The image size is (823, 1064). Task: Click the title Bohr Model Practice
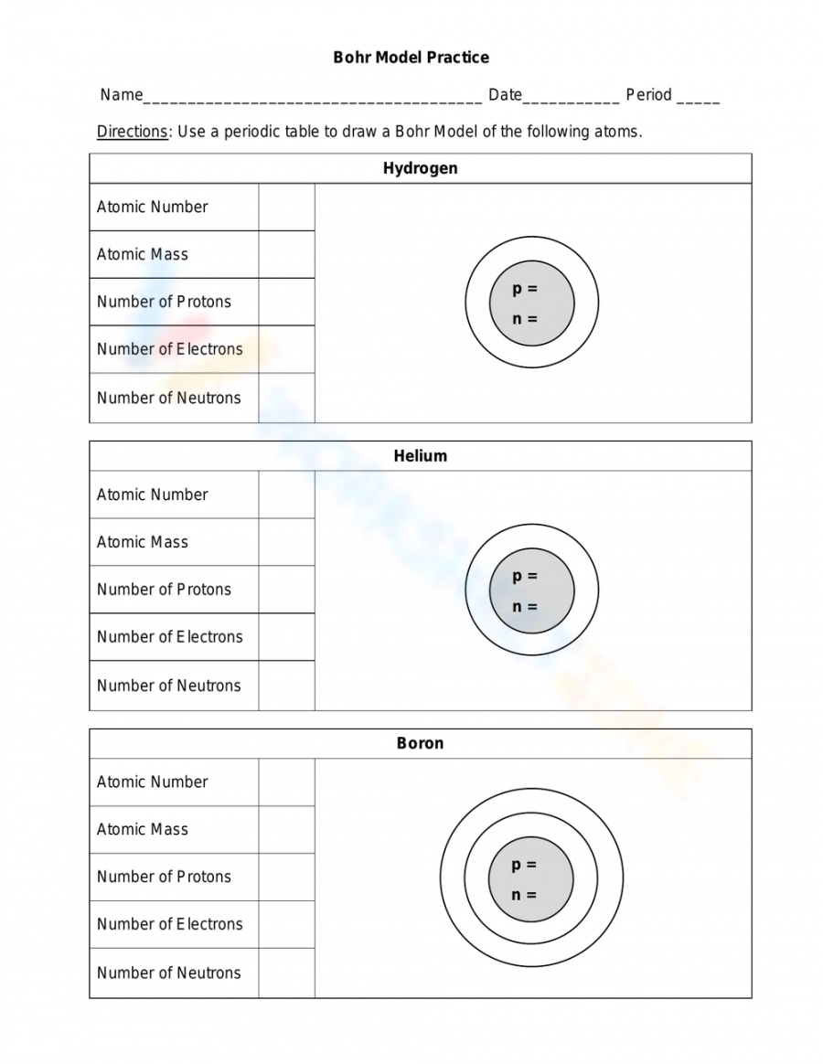pyautogui.click(x=411, y=58)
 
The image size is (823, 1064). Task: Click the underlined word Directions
pyautogui.click(x=133, y=132)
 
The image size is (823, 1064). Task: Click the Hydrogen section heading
pyautogui.click(x=420, y=168)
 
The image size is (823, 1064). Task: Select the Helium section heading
pyautogui.click(x=420, y=455)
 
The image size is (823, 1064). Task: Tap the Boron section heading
pyautogui.click(x=420, y=743)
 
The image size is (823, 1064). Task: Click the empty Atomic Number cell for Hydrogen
pyautogui.click(x=286, y=207)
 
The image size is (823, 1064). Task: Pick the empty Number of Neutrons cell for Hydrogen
pyautogui.click(x=286, y=398)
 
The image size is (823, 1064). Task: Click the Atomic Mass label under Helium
pyautogui.click(x=143, y=542)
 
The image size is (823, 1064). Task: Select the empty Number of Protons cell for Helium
pyautogui.click(x=286, y=590)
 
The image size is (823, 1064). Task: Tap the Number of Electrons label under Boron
pyautogui.click(x=170, y=924)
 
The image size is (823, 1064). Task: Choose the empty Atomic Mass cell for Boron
pyautogui.click(x=286, y=829)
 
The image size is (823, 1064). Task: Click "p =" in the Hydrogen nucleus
pyautogui.click(x=525, y=289)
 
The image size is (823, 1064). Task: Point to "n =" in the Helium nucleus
pyautogui.click(x=525, y=607)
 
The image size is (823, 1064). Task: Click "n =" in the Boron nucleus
pyautogui.click(x=524, y=895)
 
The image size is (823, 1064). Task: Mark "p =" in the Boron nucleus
pyautogui.click(x=524, y=865)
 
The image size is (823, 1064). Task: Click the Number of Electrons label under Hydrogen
pyautogui.click(x=170, y=349)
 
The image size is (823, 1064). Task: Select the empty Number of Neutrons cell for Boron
pyautogui.click(x=286, y=973)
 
